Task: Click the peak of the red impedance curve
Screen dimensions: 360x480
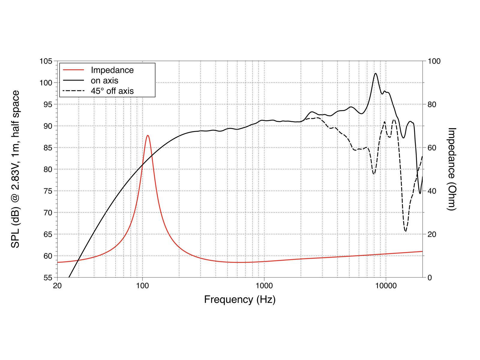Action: (x=148, y=136)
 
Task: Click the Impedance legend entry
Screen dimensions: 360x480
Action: (x=112, y=70)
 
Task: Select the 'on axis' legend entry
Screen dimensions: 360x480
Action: (x=104, y=80)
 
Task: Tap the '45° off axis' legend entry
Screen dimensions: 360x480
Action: (x=112, y=91)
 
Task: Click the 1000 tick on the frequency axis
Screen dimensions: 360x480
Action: (x=264, y=285)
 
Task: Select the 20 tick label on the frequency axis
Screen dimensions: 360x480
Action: (x=57, y=285)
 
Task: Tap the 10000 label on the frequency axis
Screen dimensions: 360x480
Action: (x=385, y=285)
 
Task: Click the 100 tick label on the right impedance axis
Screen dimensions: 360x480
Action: (x=434, y=61)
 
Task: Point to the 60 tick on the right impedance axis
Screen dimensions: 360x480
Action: (x=431, y=148)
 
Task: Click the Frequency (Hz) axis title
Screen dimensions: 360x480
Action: (x=240, y=299)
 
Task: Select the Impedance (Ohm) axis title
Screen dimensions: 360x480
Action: (x=451, y=169)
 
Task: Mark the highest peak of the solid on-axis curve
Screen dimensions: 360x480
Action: (x=376, y=73)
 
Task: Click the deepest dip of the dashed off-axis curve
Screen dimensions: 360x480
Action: (x=406, y=231)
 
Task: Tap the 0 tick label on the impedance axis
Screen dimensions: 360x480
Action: (x=430, y=277)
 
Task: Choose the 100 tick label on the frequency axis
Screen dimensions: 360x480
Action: (x=142, y=285)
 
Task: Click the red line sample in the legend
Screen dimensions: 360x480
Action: (x=73, y=70)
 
